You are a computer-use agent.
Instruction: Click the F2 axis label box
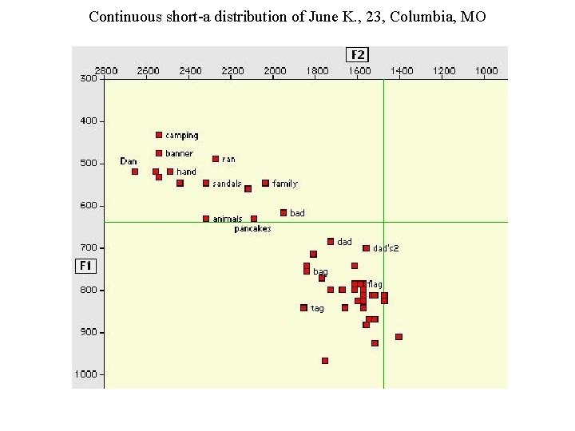click(359, 54)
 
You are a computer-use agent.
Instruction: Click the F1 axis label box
click(85, 265)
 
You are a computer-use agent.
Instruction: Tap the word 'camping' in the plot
click(182, 136)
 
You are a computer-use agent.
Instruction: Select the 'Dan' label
click(128, 161)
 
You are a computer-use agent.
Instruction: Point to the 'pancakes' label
click(252, 229)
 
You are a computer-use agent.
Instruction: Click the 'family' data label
click(285, 184)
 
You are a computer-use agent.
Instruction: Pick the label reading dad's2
click(386, 248)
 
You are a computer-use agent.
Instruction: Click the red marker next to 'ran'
click(216, 159)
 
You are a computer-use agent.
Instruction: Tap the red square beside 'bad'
click(284, 212)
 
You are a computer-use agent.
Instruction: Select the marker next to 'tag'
click(303, 307)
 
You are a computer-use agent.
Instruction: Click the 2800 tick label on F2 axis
click(106, 71)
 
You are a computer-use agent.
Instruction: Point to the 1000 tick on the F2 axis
click(486, 71)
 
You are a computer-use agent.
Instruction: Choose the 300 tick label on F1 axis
click(88, 78)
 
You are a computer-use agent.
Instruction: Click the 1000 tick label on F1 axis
click(87, 374)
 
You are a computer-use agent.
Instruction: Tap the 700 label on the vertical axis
click(88, 247)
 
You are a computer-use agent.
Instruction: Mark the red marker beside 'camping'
click(159, 135)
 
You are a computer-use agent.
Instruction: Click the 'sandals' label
click(228, 184)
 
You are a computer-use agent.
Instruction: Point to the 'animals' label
click(228, 219)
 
